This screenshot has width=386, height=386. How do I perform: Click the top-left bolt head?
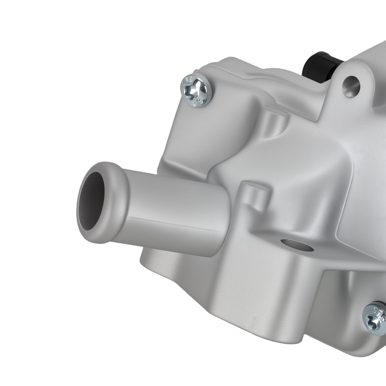pos(196,90)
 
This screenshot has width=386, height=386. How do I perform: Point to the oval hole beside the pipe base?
pos(297,244)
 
